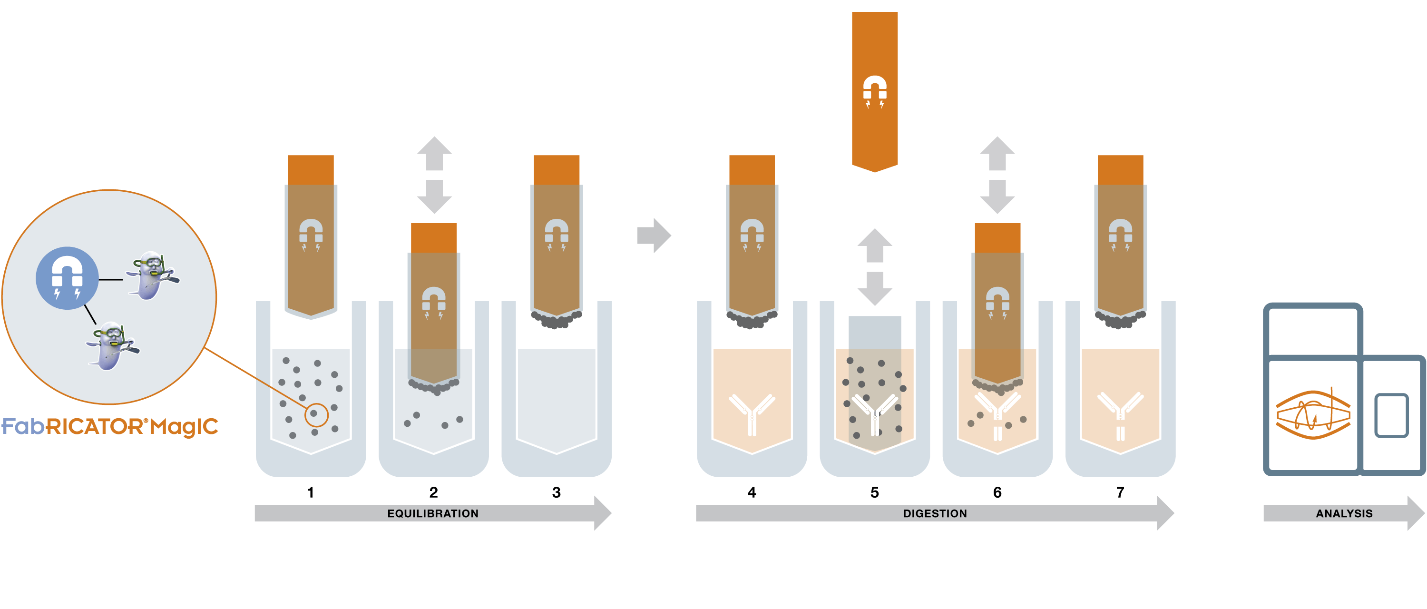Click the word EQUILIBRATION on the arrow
click(433, 513)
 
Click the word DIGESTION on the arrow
click(935, 513)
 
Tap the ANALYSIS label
click(1344, 513)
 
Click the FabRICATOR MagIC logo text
click(110, 427)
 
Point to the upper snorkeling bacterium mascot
click(151, 275)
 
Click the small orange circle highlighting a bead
click(316, 413)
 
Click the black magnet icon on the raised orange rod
click(875, 90)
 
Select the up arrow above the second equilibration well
click(434, 153)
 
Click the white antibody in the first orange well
click(752, 413)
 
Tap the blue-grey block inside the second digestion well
click(875, 333)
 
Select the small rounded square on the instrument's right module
click(1391, 416)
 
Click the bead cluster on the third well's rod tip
click(556, 320)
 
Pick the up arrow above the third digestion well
click(997, 153)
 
